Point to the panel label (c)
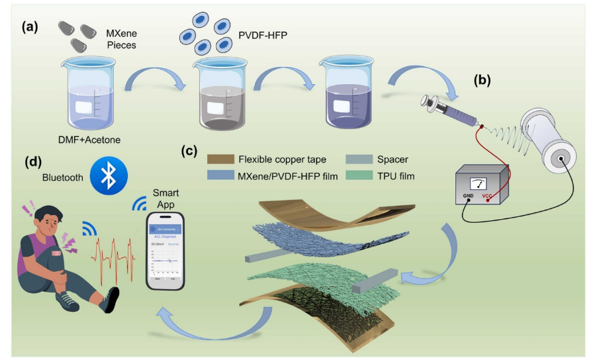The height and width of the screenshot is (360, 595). [190, 151]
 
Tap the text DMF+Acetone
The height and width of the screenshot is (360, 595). [86, 138]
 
